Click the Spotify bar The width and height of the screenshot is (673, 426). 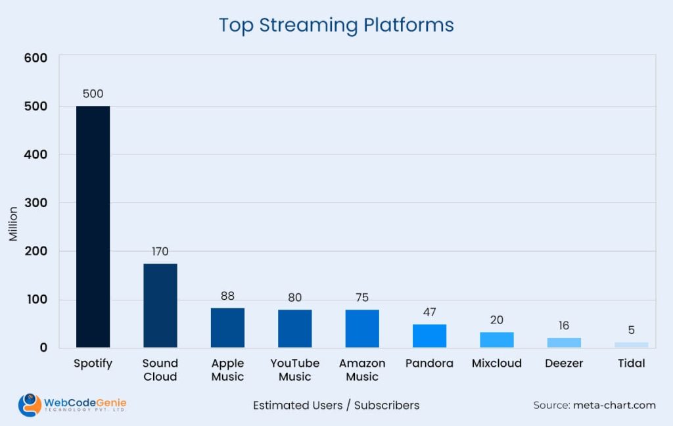[x=93, y=226]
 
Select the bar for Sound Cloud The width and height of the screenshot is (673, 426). [x=160, y=305]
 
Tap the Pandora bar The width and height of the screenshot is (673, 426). [x=429, y=335]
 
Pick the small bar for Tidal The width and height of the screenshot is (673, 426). [x=631, y=344]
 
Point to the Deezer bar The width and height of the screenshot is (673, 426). [x=564, y=342]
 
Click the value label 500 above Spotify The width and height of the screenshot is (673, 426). [x=93, y=94]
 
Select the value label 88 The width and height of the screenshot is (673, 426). [x=227, y=296]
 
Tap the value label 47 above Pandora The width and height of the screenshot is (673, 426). [x=429, y=312]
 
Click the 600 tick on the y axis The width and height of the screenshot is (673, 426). [x=36, y=58]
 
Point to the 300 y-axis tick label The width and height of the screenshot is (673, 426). [x=36, y=202]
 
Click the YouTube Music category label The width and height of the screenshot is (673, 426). [x=294, y=369]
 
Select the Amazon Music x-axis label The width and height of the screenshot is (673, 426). [x=362, y=369]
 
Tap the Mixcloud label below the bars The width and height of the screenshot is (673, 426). [x=496, y=363]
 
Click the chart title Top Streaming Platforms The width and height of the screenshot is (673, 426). [x=336, y=25]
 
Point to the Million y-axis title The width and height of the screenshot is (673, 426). [x=13, y=224]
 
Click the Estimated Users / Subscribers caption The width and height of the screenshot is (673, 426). [x=336, y=405]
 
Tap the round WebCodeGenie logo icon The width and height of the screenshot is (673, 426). [x=30, y=404]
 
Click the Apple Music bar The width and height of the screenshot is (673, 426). [x=227, y=327]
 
